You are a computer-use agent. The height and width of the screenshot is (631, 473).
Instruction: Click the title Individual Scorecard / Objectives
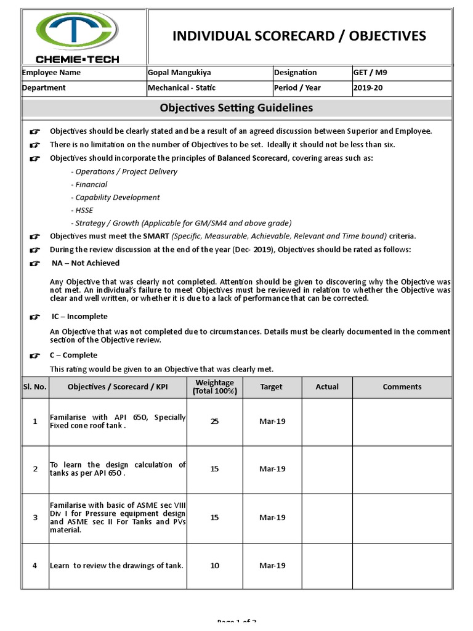[299, 36]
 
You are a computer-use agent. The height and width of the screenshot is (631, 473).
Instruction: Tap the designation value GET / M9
[370, 73]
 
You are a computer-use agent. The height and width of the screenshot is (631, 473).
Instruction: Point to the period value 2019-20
[368, 88]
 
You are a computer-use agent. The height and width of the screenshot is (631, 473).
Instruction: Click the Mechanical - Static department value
[182, 88]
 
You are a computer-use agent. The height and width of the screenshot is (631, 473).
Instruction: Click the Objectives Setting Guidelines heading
[236, 108]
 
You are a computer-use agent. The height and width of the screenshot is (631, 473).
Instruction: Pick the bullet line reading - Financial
[89, 184]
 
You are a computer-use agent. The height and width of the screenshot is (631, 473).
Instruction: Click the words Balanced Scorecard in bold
[252, 158]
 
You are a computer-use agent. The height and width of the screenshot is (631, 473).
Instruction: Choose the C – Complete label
[75, 356]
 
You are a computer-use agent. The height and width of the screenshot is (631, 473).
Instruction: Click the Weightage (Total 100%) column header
[214, 387]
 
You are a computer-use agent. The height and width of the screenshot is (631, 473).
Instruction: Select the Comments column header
[402, 387]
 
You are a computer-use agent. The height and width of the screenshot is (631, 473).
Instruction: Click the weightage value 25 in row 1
[214, 421]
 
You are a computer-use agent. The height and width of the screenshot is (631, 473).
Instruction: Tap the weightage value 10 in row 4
[214, 566]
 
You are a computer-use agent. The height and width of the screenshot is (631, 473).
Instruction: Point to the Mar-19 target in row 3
[272, 518]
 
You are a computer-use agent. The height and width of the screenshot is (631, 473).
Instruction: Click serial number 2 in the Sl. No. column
[35, 469]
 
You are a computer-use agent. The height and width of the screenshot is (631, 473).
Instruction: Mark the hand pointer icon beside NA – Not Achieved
[35, 263]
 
